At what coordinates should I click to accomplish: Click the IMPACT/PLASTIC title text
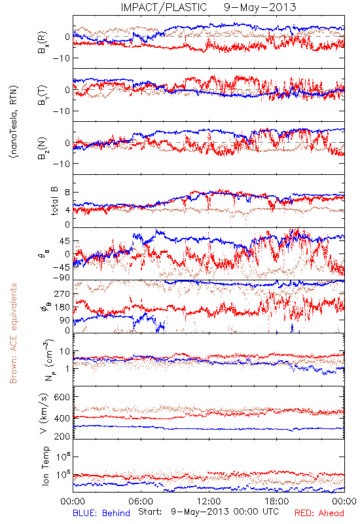pos(164,7)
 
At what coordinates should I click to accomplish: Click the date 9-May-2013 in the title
pos(260,7)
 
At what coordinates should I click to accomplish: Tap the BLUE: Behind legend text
pos(101,513)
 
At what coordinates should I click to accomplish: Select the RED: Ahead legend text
pos(319,513)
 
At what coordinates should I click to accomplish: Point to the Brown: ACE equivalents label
pos(13,333)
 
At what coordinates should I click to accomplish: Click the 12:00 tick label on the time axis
pos(209,501)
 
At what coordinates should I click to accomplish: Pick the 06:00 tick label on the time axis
pos(141,501)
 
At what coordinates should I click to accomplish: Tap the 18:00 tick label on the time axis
pos(277,501)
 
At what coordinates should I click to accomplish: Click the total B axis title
pos(54,201)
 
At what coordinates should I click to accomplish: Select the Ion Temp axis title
pos(45,465)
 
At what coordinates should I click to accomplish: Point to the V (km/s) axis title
pos(44,413)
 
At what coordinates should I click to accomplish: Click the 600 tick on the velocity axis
pos(62,397)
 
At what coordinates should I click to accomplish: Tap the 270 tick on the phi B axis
pos(62,294)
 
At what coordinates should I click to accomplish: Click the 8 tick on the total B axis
pos(67,193)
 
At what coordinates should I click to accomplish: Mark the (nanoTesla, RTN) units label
pos(14,121)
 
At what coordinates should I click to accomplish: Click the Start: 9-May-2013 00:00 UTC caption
pos(208,512)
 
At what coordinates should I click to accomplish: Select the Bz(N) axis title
pos(43,148)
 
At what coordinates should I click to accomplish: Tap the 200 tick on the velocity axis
pos(62,436)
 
